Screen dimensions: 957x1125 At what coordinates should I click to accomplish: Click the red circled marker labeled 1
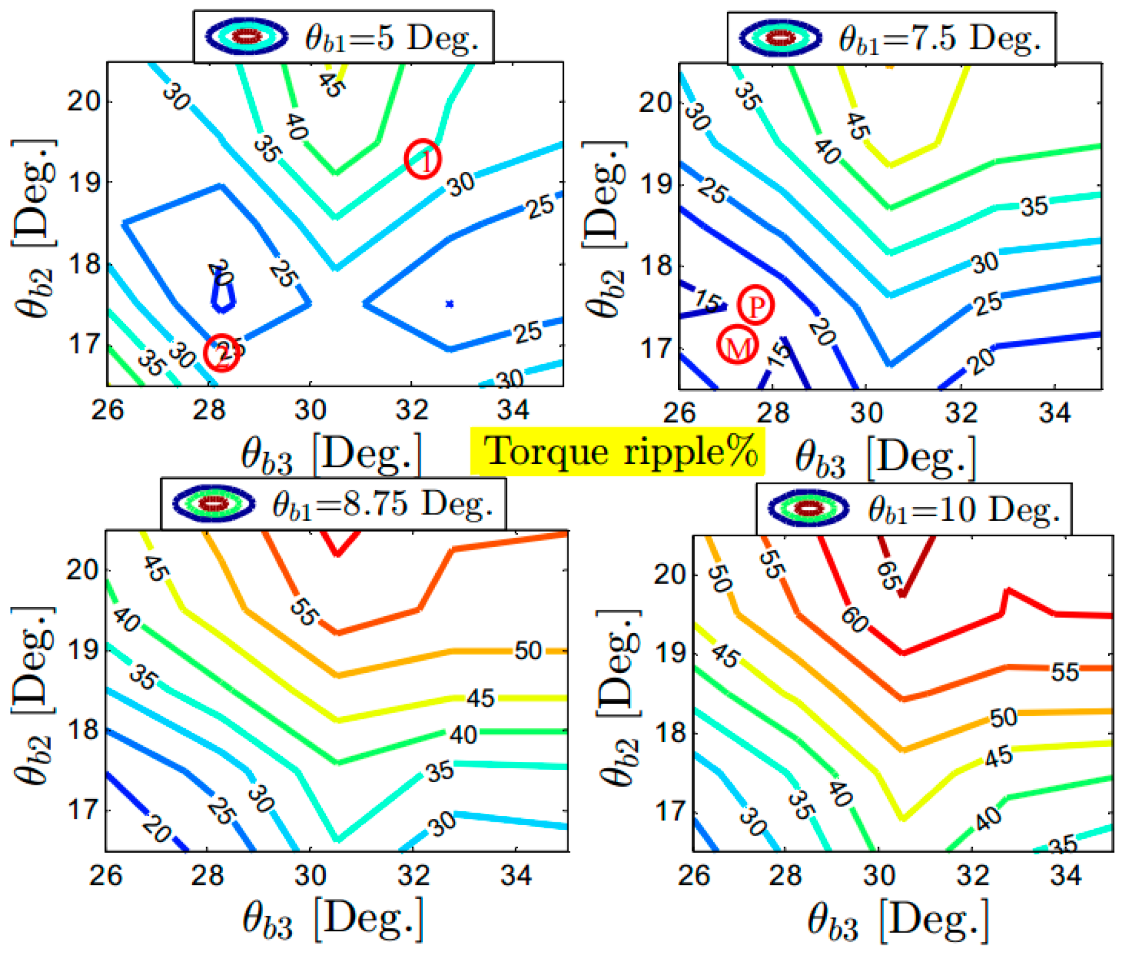(x=423, y=159)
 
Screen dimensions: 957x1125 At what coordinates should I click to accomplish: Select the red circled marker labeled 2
(x=221, y=352)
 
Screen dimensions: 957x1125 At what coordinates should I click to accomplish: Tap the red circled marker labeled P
(x=755, y=305)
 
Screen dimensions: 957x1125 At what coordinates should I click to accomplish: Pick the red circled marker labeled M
(x=737, y=345)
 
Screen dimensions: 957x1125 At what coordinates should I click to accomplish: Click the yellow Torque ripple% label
(x=617, y=451)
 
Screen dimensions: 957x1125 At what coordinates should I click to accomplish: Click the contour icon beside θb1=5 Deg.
(x=247, y=37)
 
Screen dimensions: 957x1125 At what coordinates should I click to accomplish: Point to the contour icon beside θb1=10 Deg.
(x=808, y=509)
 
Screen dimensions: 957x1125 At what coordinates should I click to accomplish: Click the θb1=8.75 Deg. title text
(x=382, y=504)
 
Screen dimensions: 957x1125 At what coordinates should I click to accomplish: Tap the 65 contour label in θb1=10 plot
(x=889, y=574)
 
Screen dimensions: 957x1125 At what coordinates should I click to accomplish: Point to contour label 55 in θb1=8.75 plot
(x=303, y=611)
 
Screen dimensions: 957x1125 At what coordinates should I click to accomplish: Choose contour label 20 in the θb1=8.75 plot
(x=157, y=829)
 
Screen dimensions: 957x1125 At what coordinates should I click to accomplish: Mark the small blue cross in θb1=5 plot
(x=449, y=304)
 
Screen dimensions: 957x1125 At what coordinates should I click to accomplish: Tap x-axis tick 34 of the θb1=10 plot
(x=1066, y=875)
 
